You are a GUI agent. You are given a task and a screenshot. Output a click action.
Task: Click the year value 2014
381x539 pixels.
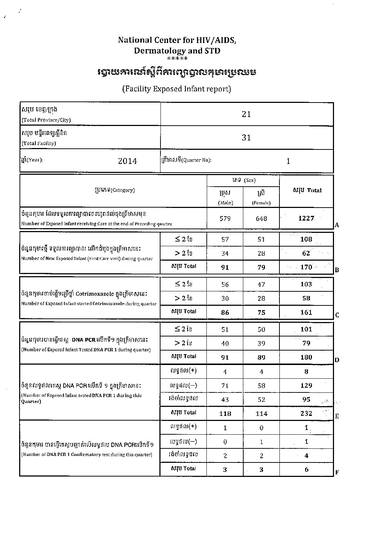(127, 161)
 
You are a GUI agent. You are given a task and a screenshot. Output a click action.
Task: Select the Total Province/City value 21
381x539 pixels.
(246, 114)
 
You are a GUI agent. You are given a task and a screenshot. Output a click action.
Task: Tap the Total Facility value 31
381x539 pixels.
(246, 138)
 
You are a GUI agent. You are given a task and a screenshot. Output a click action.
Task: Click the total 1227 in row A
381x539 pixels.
(306, 218)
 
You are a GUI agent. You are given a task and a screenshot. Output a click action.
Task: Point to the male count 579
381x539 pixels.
(225, 218)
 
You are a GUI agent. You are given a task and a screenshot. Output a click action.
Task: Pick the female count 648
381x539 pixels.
(261, 218)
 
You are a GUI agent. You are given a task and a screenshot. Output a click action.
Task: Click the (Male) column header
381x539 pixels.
(225, 203)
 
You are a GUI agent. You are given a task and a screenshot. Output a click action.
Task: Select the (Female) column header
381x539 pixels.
(261, 203)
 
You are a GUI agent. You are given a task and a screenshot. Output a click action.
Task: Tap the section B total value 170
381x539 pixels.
(306, 267)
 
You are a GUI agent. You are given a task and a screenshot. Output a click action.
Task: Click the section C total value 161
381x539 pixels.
(306, 312)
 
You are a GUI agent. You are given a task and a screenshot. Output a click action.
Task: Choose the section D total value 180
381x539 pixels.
(306, 357)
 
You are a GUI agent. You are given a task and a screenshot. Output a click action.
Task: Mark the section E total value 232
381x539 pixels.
(306, 413)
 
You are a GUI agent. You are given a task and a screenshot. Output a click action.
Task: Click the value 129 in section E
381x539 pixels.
(306, 386)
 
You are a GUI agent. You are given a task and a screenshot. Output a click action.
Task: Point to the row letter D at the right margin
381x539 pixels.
(337, 360)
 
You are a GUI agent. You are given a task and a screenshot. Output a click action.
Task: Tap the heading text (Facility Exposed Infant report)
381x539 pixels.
(177, 89)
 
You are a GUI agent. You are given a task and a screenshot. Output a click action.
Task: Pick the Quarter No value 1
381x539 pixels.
(288, 161)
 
